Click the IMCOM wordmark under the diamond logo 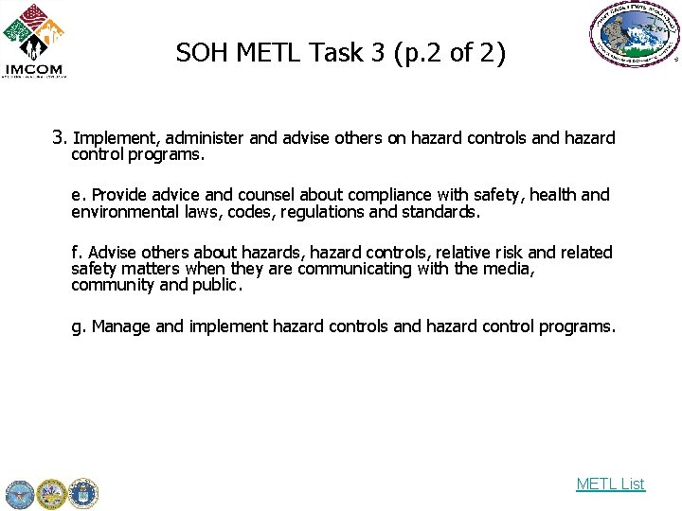[33, 69]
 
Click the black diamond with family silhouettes [34, 44]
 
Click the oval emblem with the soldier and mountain [634, 35]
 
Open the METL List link [610, 484]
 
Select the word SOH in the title [202, 53]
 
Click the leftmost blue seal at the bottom [19, 493]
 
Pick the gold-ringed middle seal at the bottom [51, 493]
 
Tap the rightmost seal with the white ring [82, 493]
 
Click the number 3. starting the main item [60, 137]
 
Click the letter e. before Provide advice [78, 195]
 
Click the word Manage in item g [120, 326]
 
